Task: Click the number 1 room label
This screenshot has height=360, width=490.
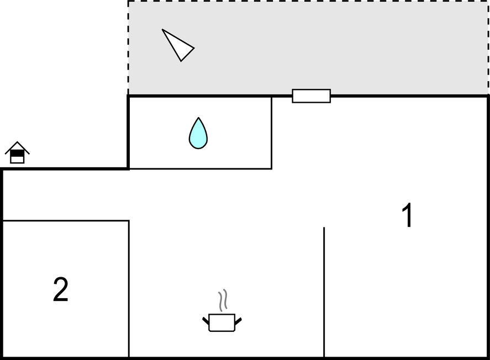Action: coord(408,215)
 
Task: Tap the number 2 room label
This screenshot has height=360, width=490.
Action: coord(61,289)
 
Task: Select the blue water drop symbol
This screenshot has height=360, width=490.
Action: coord(198,134)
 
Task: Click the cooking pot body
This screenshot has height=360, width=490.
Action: coord(222,322)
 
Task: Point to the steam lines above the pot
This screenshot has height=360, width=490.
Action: coord(223,300)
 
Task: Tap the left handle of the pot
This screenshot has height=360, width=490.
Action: coord(206,321)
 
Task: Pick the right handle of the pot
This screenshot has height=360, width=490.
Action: coord(238,321)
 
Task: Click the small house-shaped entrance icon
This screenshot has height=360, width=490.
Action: coord(17,152)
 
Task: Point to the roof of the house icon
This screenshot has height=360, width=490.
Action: coord(17,147)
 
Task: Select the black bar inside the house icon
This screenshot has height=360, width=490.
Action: coord(17,153)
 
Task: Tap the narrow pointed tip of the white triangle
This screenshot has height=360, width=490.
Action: coord(162,30)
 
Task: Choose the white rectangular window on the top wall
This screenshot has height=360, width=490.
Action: coord(311,96)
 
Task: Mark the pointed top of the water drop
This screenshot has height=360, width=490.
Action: coord(198,118)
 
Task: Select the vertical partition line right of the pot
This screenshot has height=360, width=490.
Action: coord(324,292)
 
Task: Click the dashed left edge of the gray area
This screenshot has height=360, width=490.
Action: coord(128,48)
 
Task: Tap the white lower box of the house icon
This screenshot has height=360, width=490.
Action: coord(17,160)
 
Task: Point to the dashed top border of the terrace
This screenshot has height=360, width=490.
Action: coord(308,1)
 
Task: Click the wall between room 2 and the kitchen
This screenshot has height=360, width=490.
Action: coord(129,289)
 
